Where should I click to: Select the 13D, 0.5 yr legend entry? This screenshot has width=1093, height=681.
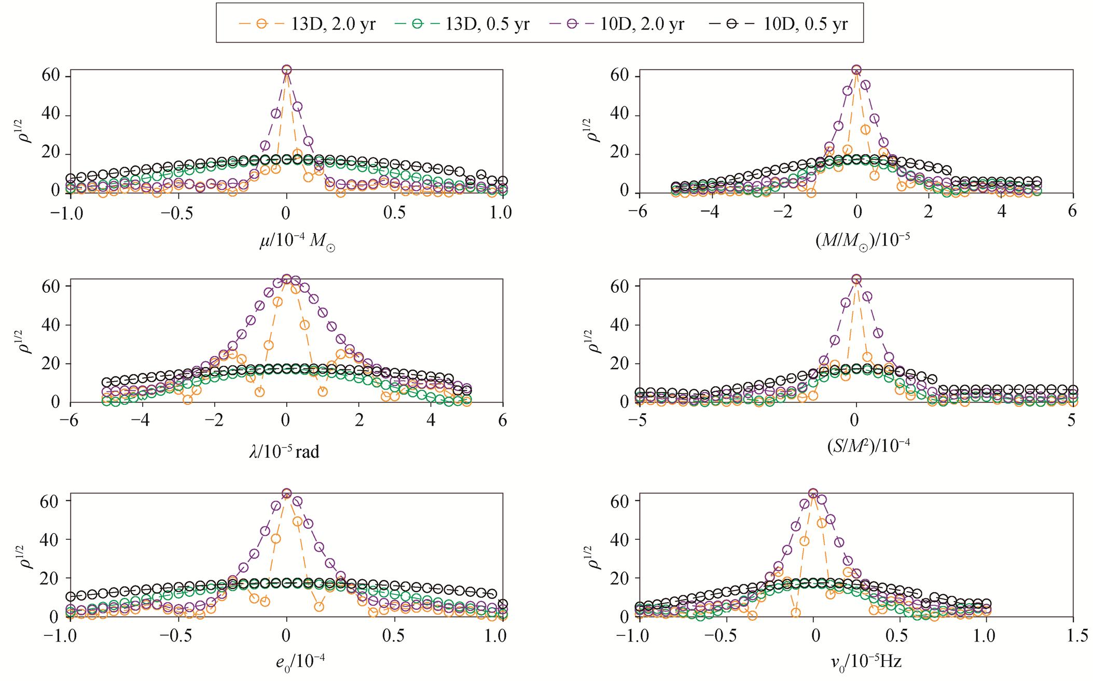(462, 23)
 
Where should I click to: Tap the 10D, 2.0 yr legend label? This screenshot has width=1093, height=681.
(617, 23)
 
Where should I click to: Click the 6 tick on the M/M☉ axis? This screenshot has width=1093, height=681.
(1072, 212)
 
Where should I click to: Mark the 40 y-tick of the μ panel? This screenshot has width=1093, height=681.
(52, 115)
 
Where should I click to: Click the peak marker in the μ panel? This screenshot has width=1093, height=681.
(286, 70)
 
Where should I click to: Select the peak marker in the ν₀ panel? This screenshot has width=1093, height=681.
(813, 493)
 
